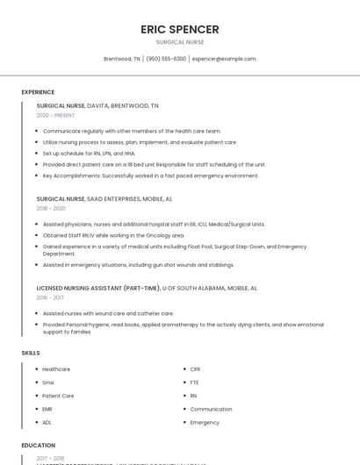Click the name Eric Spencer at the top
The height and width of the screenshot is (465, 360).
pyautogui.click(x=180, y=29)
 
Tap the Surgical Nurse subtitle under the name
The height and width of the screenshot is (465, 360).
pyautogui.click(x=180, y=42)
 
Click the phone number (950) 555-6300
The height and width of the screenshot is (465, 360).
pyautogui.click(x=166, y=59)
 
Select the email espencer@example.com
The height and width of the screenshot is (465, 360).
pyautogui.click(x=224, y=59)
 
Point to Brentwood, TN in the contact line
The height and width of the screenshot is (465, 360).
pyautogui.click(x=122, y=59)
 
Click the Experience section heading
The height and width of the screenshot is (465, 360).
pyautogui.click(x=38, y=92)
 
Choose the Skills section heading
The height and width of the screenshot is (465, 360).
pyautogui.click(x=31, y=353)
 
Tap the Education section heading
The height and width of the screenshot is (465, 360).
pyautogui.click(x=39, y=446)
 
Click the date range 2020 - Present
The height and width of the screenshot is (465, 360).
pyautogui.click(x=55, y=116)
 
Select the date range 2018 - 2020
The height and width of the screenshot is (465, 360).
pyautogui.click(x=51, y=209)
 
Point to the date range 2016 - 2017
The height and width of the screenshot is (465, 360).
pyautogui.click(x=51, y=297)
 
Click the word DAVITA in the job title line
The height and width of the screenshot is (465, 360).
pyautogui.click(x=98, y=105)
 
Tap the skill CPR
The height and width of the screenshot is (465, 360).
pyautogui.click(x=195, y=369)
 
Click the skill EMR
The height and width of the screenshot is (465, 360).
pyautogui.click(x=47, y=409)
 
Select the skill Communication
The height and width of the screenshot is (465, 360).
pyautogui.click(x=211, y=409)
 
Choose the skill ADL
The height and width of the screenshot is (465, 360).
pyautogui.click(x=47, y=423)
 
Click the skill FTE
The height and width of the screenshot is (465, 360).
pyautogui.click(x=195, y=383)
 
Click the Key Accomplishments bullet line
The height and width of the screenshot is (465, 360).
pyautogui.click(x=138, y=175)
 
